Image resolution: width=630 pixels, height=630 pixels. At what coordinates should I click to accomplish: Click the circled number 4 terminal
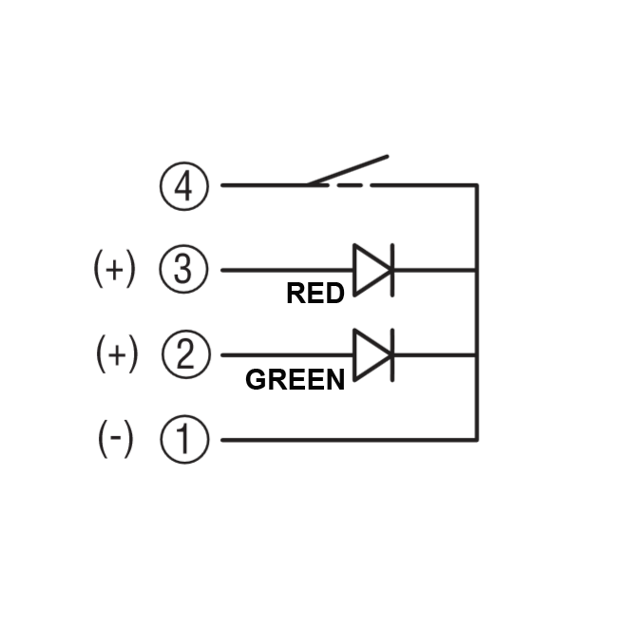pos(183,185)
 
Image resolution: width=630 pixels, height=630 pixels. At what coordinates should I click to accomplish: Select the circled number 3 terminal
pos(183,270)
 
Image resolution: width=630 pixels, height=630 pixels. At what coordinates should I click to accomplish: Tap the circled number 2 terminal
pos(184,355)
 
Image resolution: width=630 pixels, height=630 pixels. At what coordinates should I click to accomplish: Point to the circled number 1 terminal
pos(183,440)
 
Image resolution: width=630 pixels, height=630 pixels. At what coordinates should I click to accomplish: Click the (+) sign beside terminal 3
pos(115,270)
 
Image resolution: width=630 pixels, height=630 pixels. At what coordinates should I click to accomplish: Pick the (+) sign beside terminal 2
pos(117,355)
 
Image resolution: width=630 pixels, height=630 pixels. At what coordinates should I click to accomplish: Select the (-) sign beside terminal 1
pos(116,440)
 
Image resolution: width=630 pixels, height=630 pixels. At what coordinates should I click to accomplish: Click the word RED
pos(315,295)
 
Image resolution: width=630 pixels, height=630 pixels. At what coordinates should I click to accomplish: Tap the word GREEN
pos(295,380)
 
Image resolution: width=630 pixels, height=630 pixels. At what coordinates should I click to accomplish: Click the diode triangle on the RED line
pos(371,270)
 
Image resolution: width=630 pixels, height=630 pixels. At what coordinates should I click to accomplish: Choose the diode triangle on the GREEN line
pos(371,355)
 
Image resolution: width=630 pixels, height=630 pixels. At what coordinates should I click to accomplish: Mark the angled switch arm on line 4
pos(348,170)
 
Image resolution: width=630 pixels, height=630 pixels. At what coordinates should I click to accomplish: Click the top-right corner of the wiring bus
pos(477,185)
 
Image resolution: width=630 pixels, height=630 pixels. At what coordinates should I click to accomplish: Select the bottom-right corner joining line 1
pos(477,440)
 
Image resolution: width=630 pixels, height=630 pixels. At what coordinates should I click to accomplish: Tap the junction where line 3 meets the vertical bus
pos(477,270)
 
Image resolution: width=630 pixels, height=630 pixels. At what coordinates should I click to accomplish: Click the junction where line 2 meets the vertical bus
pos(477,355)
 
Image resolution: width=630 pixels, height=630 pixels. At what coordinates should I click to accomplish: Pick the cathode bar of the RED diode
pos(392,270)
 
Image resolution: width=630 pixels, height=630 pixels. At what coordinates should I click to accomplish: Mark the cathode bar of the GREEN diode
pos(392,355)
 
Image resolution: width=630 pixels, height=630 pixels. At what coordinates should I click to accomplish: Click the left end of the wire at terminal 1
pos(223,440)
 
